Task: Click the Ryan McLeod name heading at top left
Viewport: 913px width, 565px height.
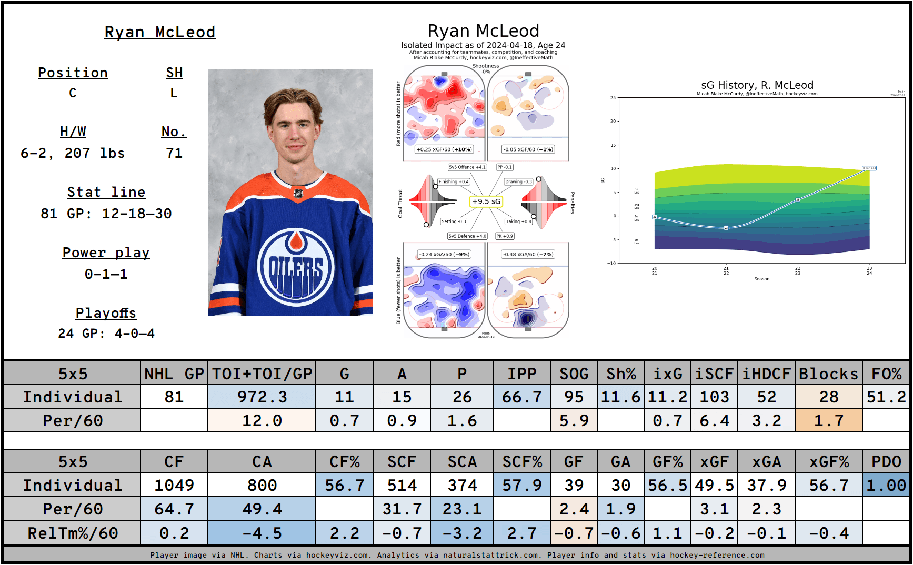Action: click(159, 32)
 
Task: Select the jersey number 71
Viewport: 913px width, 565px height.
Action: click(174, 153)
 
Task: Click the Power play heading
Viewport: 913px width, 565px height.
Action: click(106, 253)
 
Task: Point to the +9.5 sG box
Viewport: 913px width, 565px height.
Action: click(486, 201)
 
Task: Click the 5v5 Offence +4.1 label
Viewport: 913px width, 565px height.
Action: click(467, 167)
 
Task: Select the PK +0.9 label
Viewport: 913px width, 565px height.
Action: click(505, 236)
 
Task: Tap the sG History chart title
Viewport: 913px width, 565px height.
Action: click(757, 85)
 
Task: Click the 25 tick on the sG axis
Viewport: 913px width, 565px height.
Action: click(613, 98)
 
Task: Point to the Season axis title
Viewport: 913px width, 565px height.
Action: click(761, 279)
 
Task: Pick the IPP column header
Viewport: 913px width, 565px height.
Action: click(521, 374)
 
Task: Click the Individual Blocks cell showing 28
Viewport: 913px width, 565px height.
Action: click(828, 397)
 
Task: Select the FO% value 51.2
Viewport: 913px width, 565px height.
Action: click(886, 397)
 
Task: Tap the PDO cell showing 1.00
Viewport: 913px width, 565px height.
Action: click(886, 485)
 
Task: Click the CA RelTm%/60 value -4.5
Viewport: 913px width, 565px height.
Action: click(262, 533)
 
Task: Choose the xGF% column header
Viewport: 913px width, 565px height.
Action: click(828, 461)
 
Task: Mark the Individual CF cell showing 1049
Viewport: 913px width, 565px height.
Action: click(174, 485)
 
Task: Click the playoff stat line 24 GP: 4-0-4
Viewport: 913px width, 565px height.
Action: click(106, 334)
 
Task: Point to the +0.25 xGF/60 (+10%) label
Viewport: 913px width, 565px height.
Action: click(444, 149)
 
